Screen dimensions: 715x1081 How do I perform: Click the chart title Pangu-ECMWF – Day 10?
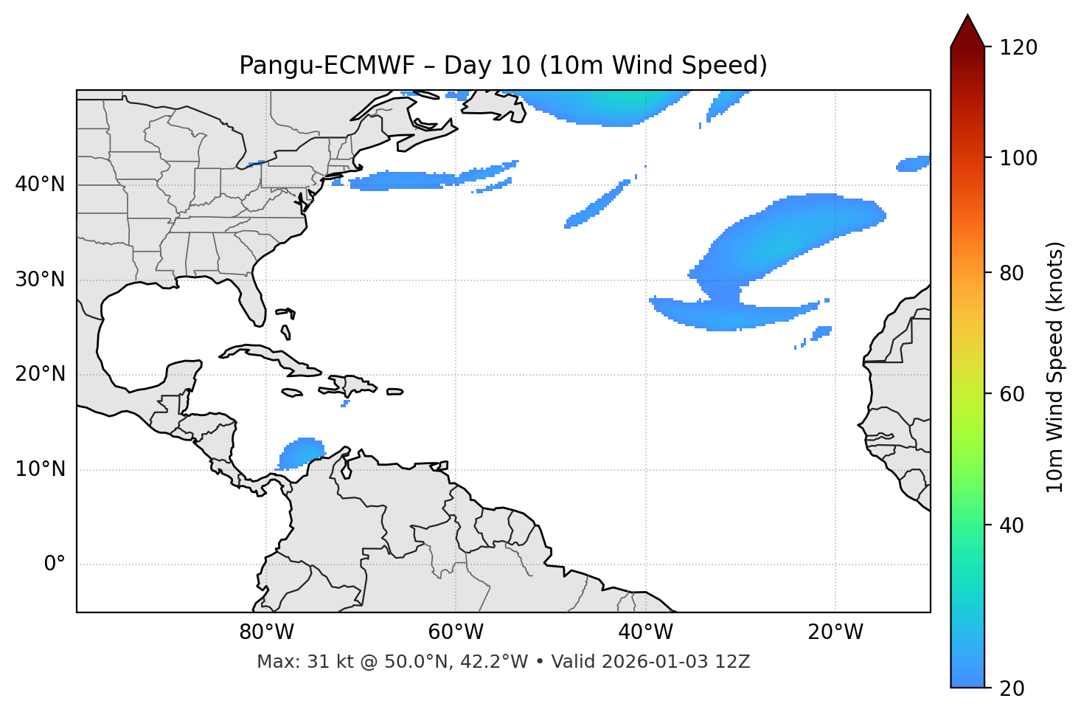click(x=503, y=66)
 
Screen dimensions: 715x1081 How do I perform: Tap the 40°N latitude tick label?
click(x=40, y=184)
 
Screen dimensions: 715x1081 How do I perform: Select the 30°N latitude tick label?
click(x=40, y=280)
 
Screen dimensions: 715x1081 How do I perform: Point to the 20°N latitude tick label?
click(x=40, y=374)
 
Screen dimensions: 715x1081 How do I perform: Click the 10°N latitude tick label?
click(x=40, y=469)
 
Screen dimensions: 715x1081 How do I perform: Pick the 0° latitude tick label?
click(x=55, y=564)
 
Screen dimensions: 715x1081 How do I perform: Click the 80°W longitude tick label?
click(x=266, y=632)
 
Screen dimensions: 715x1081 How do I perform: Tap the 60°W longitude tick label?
click(x=456, y=632)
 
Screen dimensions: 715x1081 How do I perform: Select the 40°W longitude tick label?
click(x=645, y=632)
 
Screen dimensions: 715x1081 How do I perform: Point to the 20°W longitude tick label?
click(x=835, y=632)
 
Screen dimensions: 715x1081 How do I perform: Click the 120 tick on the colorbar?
click(x=1018, y=48)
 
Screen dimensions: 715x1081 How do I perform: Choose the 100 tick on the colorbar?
click(x=1018, y=158)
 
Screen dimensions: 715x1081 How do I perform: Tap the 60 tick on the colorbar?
click(x=1013, y=394)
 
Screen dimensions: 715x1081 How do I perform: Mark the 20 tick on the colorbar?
click(x=1013, y=688)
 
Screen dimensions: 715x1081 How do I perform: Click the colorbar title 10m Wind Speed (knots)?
click(x=1055, y=367)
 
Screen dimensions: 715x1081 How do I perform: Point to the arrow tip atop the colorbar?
click(x=967, y=16)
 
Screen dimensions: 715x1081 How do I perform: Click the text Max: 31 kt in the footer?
click(x=292, y=662)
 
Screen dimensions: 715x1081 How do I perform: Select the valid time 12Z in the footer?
click(x=735, y=662)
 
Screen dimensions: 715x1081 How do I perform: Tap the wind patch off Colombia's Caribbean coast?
click(x=302, y=452)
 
